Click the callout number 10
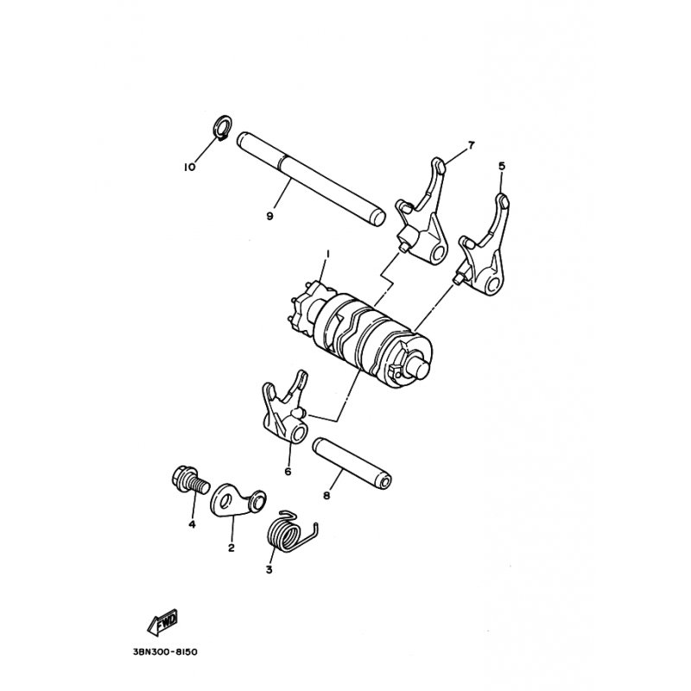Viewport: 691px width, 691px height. (189, 168)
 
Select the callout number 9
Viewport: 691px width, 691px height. (269, 216)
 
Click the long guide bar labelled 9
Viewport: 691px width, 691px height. (311, 181)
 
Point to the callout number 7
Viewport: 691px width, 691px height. (471, 145)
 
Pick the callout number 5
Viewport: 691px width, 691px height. (502, 166)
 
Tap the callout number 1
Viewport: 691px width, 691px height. (327, 254)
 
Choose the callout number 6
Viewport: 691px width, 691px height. (288, 472)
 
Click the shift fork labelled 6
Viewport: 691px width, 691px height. (285, 408)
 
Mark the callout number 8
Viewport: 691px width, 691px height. (326, 496)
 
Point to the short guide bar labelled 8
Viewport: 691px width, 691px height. (353, 465)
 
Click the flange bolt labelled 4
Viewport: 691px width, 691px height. (189, 481)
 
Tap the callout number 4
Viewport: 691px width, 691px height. (192, 524)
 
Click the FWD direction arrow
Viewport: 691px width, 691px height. (163, 621)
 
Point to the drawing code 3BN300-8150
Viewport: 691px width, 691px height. (165, 652)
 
